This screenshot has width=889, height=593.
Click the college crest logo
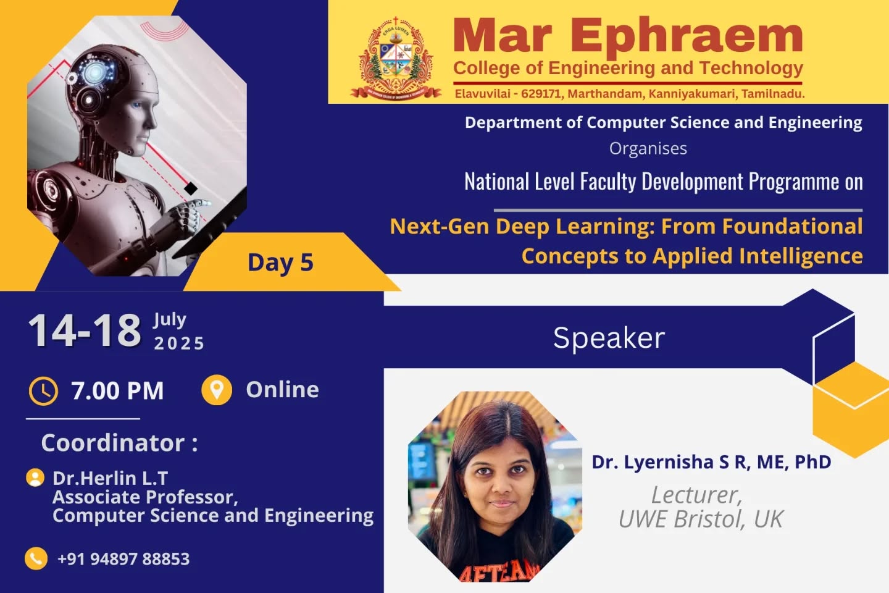tap(396, 59)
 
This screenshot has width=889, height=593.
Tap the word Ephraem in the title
tap(687, 37)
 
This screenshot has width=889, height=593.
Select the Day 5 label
tap(280, 262)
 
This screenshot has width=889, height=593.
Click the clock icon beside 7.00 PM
tap(43, 391)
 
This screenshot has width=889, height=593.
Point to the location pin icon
tap(217, 390)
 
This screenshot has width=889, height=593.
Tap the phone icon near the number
tap(36, 558)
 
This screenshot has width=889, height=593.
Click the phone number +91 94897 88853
tap(123, 559)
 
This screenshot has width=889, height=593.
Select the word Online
tap(282, 389)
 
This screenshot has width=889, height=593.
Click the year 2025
tap(179, 343)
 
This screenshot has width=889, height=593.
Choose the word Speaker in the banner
tap(609, 339)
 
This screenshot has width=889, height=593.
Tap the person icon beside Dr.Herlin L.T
tap(35, 478)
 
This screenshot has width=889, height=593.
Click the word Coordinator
tap(113, 443)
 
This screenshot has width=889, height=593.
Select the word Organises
tap(648, 149)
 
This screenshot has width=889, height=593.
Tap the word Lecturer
tap(696, 495)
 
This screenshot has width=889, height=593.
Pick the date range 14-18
tap(85, 330)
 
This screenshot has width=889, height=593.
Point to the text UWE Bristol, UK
tap(701, 519)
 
